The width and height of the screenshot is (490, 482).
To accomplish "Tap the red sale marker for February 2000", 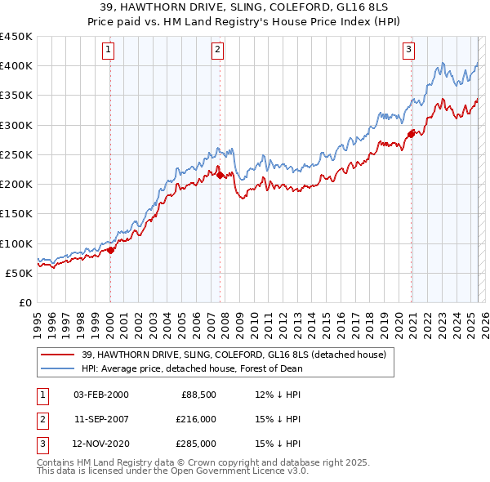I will [x=110, y=251].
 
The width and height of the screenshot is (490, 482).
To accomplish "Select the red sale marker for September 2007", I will [x=220, y=174].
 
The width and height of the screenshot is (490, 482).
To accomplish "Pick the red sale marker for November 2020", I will [x=411, y=134].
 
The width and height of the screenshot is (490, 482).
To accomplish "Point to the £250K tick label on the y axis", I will [x=16, y=154].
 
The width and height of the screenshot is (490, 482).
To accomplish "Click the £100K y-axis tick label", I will [x=16, y=243].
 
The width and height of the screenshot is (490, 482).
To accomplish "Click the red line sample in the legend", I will [x=58, y=355].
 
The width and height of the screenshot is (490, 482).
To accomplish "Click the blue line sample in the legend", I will [x=58, y=368].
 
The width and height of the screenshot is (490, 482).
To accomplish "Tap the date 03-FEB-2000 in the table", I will [x=100, y=395].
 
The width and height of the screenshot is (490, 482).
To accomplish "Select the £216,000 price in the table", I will [x=197, y=419].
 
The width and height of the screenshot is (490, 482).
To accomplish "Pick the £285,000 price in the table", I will [x=197, y=444].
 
